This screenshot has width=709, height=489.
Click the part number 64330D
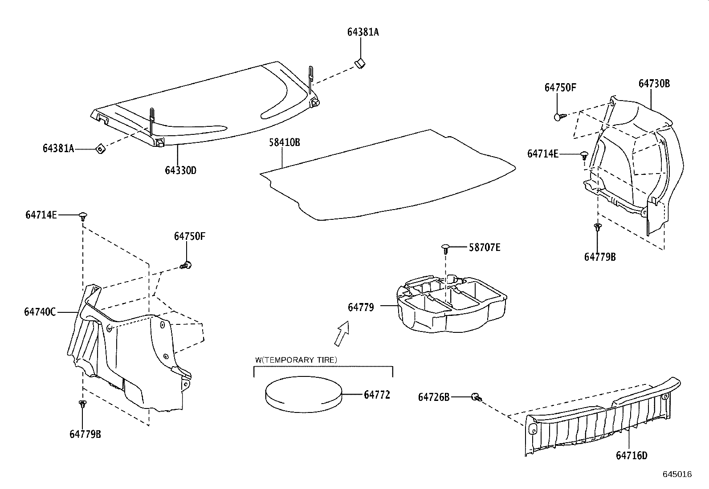pyautogui.click(x=180, y=170)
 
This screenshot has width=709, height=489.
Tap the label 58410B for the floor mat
pyautogui.click(x=284, y=142)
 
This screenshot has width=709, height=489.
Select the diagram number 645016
pyautogui.click(x=677, y=474)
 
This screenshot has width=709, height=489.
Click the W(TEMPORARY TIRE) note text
pyautogui.click(x=296, y=360)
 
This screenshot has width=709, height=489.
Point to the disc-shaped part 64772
pyautogui.click(x=303, y=393)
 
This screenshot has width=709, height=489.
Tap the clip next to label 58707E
pyautogui.click(x=446, y=247)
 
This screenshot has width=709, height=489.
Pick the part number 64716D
pyautogui.click(x=632, y=455)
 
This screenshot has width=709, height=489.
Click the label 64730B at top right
pyautogui.click(x=654, y=84)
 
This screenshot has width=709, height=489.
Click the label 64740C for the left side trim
pyautogui.click(x=40, y=312)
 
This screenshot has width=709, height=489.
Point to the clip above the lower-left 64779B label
pyautogui.click(x=82, y=404)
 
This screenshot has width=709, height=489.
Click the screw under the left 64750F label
pyautogui.click(x=187, y=266)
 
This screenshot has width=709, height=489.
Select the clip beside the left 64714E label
pyautogui.click(x=83, y=216)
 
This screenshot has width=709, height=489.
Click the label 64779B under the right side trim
pyautogui.click(x=599, y=257)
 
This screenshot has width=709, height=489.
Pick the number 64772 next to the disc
pyautogui.click(x=377, y=395)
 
